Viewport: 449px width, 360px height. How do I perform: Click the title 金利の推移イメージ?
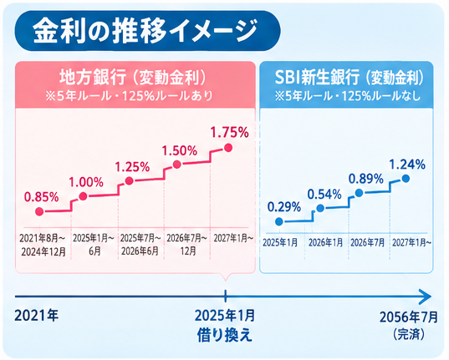tap(145, 31)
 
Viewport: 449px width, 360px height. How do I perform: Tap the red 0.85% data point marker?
tap(39, 212)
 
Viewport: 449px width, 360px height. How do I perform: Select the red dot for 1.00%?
tap(83, 196)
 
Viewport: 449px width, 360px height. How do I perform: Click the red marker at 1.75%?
tap(228, 148)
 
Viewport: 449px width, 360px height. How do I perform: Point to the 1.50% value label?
tap(180, 150)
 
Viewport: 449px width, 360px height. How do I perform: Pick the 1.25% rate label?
tap(132, 167)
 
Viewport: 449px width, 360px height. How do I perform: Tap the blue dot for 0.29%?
tap(279, 221)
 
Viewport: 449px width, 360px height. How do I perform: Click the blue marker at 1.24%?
tap(406, 179)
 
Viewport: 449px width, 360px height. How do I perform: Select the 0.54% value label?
tap(324, 195)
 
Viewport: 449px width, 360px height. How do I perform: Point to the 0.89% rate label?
tap(366, 179)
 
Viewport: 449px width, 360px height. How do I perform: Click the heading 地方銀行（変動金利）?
tap(133, 77)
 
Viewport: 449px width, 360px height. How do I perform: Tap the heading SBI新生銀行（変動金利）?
tap(349, 77)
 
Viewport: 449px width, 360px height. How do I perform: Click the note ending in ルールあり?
tap(129, 96)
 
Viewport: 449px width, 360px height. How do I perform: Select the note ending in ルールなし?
tap(348, 96)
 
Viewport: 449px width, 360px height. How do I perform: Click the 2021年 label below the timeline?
tap(36, 316)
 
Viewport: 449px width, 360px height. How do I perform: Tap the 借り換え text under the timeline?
tap(225, 335)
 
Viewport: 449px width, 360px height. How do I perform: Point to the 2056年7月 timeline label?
tap(409, 317)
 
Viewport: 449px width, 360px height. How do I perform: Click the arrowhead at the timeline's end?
tap(426, 297)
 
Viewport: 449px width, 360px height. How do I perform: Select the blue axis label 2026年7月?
tap(368, 243)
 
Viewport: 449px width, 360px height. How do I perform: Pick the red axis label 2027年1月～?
tap(233, 238)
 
